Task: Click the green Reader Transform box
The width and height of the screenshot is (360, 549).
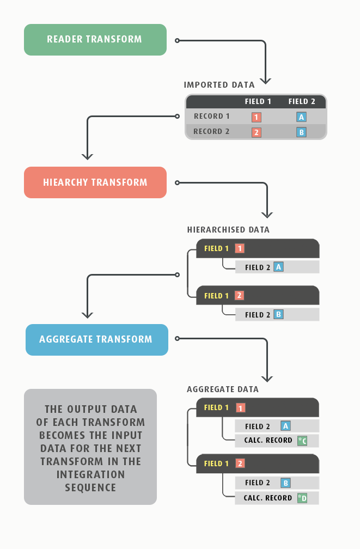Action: [x=95, y=40]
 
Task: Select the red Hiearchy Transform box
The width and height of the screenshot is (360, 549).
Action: [x=95, y=182]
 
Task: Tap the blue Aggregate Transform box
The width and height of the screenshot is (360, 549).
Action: [x=97, y=340]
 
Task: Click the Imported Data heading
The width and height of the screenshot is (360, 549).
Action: [x=219, y=85]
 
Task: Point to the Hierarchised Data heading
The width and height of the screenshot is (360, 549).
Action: [x=228, y=230]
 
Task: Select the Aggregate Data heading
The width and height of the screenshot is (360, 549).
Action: [x=223, y=389]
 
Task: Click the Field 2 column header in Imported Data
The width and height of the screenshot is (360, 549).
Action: [x=302, y=101]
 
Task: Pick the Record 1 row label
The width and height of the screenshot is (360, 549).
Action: [x=212, y=116]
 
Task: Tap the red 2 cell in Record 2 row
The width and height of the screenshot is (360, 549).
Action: [x=257, y=132]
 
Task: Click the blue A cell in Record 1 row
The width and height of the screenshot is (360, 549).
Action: [x=302, y=117]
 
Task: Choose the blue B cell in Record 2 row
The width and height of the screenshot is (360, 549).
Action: [x=302, y=132]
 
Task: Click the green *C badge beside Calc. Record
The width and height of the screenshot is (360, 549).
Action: [x=302, y=441]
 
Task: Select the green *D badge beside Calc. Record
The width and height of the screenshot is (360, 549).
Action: [x=302, y=498]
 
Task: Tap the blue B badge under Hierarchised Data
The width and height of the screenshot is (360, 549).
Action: [x=278, y=314]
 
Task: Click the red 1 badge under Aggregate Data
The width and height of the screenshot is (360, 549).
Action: [x=240, y=408]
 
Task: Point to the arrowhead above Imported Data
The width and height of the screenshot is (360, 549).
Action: [x=266, y=81]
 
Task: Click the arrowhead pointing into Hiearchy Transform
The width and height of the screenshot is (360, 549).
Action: [x=87, y=156]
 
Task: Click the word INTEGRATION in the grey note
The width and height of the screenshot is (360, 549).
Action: [x=91, y=474]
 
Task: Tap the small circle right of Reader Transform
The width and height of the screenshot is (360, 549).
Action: [x=177, y=41]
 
